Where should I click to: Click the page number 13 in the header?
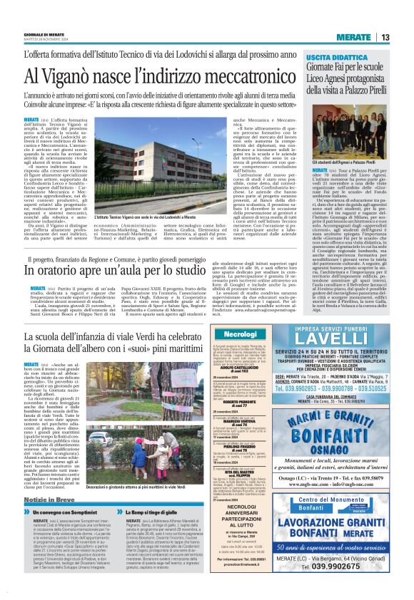click(385, 37)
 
